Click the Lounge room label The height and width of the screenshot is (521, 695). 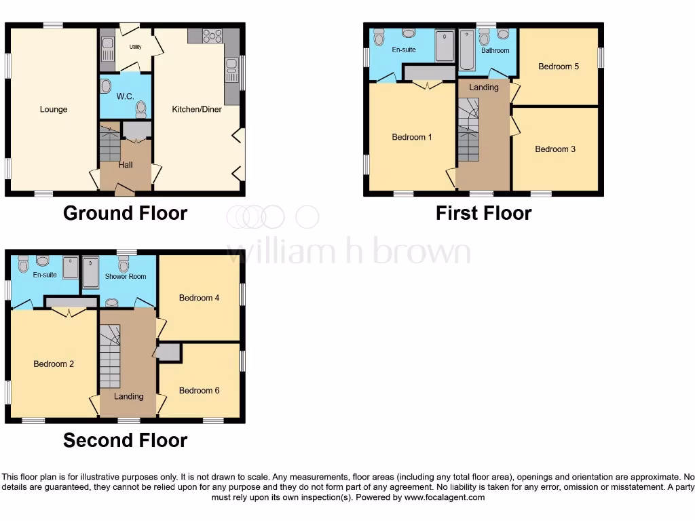click(54, 109)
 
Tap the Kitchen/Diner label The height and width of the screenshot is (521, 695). click(197, 109)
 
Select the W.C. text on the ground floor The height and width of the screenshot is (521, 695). click(125, 97)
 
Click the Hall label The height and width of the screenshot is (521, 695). click(126, 165)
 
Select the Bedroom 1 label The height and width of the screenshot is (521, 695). click(412, 137)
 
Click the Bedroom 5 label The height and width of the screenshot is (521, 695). click(559, 66)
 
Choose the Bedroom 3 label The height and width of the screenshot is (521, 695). click(555, 149)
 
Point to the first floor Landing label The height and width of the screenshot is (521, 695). click(484, 88)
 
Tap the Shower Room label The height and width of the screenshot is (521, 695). click(126, 277)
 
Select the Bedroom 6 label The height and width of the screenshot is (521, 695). click(199, 391)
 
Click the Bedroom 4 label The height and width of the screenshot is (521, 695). click(199, 298)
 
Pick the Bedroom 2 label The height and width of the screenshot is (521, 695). click(54, 364)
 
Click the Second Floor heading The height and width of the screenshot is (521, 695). click(125, 440)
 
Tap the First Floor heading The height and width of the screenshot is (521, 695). click(483, 213)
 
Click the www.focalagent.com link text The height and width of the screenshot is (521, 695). click(444, 497)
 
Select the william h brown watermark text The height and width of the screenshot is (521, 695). click(348, 252)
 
